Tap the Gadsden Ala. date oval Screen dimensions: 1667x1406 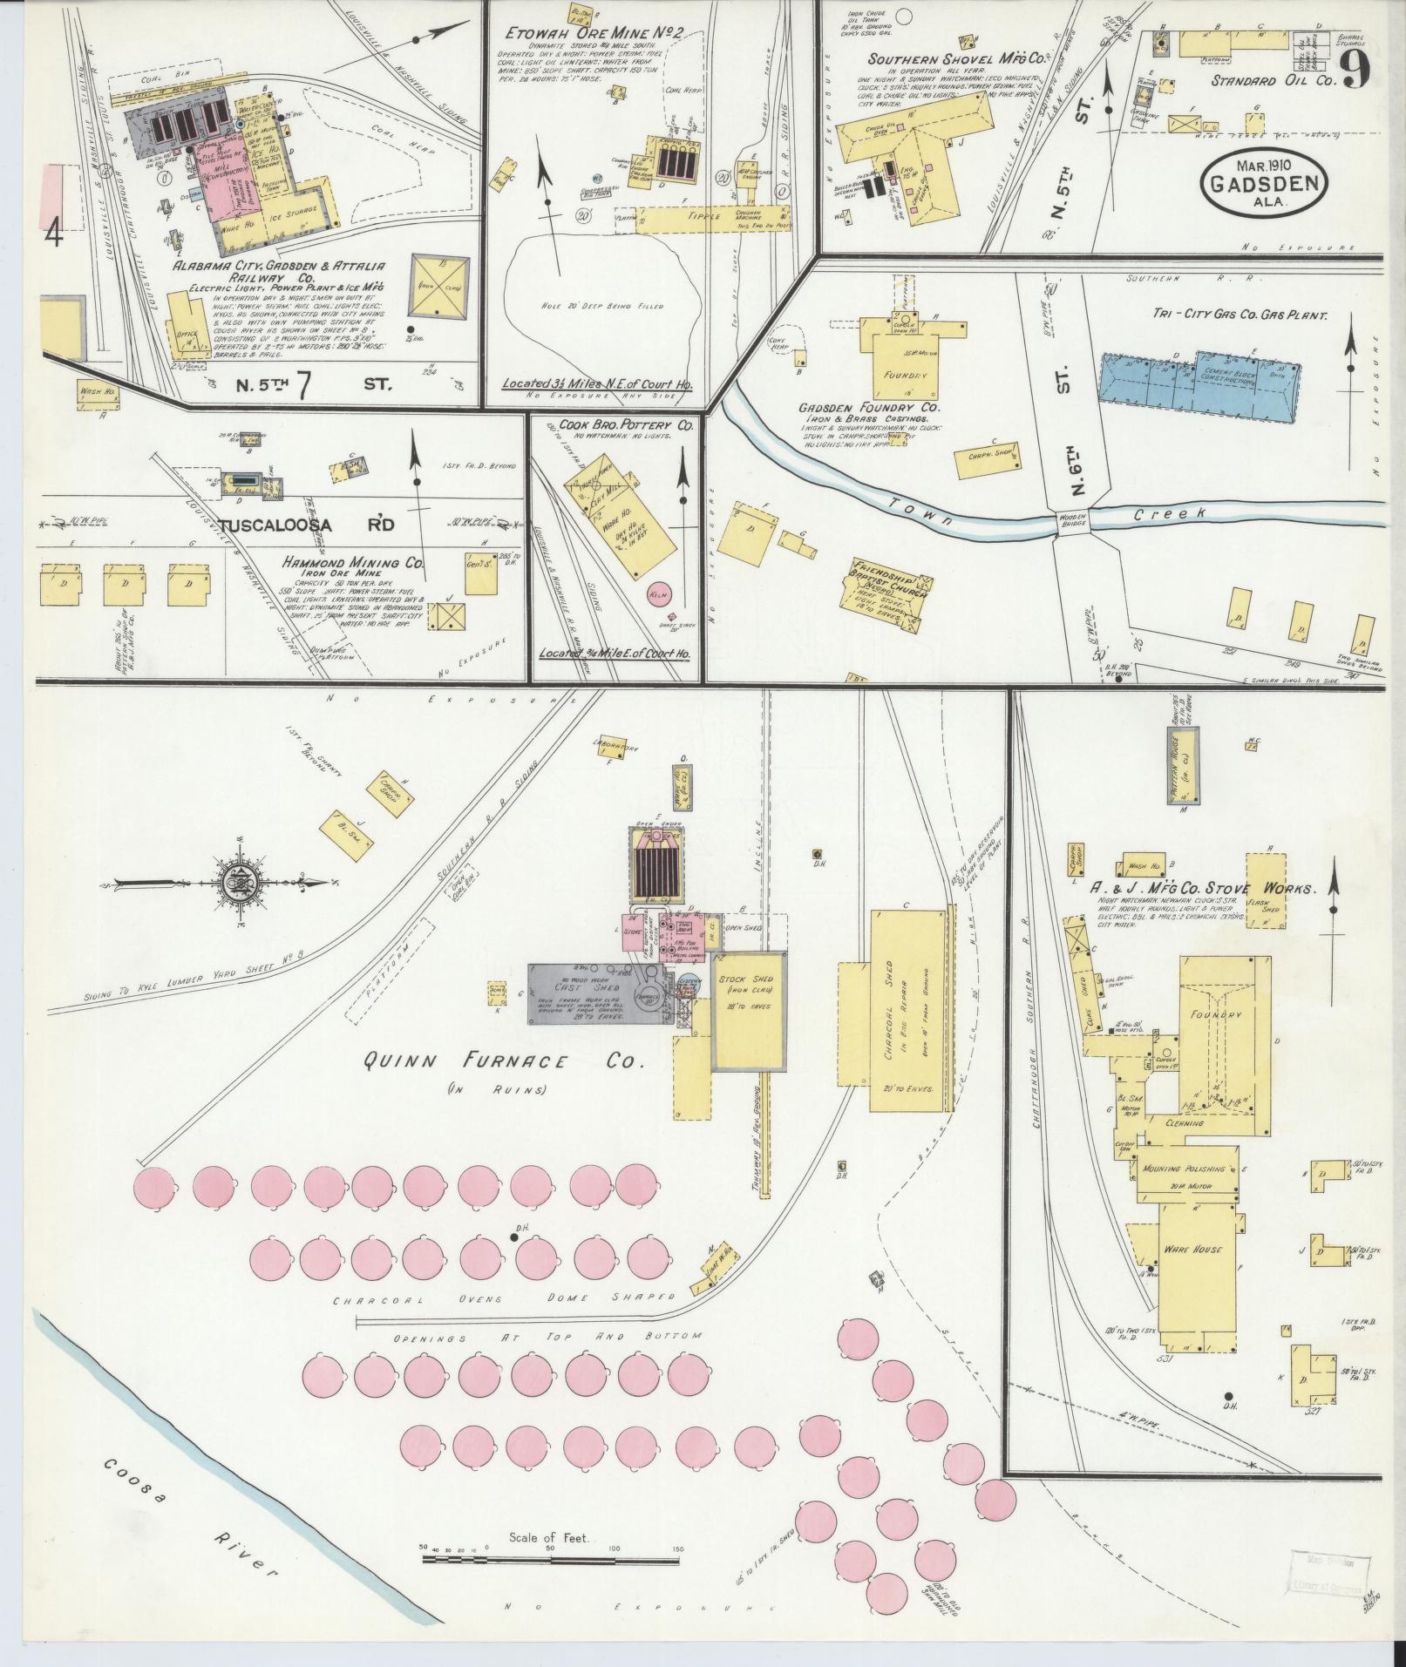pos(1263,184)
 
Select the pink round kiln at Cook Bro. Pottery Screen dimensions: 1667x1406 pos(657,593)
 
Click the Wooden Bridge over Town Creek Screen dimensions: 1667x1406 pos(1071,519)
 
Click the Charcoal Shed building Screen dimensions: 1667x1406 pos(907,1010)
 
